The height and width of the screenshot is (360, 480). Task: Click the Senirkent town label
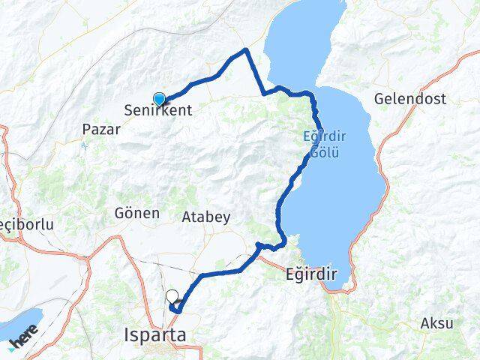click(x=158, y=111)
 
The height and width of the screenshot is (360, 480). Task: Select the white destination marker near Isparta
click(x=172, y=297)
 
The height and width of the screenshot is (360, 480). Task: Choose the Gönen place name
click(x=137, y=213)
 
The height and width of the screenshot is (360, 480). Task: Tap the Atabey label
click(x=205, y=217)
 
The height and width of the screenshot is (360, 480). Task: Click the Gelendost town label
click(x=409, y=99)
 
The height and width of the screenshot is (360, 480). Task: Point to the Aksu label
click(x=437, y=324)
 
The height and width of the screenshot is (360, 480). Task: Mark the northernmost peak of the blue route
click(x=245, y=50)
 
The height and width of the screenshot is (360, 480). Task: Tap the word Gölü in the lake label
click(x=324, y=152)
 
